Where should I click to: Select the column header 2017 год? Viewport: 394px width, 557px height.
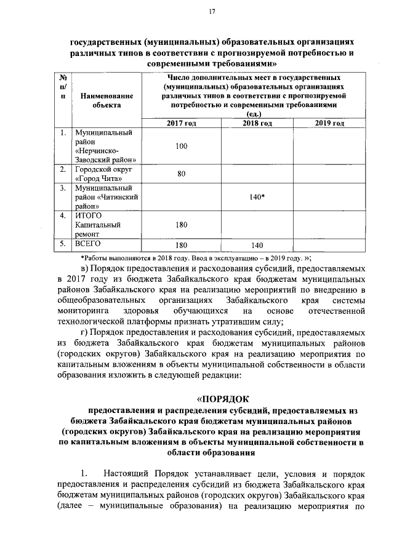click(x=181, y=124)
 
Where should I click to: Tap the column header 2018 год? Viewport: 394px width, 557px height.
click(x=258, y=124)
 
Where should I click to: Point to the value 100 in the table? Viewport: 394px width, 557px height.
click(x=181, y=146)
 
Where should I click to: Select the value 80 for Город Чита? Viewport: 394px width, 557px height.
click(x=181, y=174)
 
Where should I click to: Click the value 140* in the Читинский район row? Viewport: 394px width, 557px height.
click(x=258, y=197)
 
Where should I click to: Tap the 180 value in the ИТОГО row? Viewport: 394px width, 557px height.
click(x=181, y=225)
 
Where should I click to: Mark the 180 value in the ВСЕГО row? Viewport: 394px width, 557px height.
click(x=181, y=245)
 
